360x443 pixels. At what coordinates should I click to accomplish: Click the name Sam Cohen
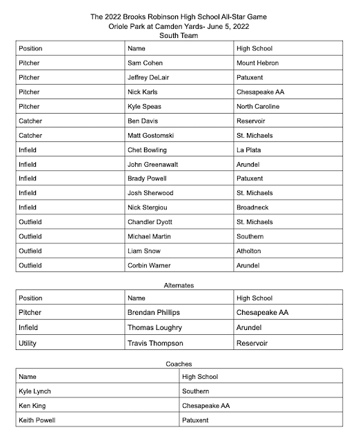[145, 63]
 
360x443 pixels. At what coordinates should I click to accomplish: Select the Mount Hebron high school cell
[258, 63]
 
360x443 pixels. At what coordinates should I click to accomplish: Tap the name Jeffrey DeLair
[148, 77]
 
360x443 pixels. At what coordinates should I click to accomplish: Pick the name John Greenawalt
[154, 164]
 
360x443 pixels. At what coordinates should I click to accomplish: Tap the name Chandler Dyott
[152, 222]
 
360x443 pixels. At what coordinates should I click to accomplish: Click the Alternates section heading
[179, 284]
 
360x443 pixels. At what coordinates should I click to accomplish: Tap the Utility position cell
[28, 342]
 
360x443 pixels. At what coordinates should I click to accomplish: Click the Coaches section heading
[179, 363]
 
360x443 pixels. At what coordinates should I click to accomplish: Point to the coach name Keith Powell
[38, 420]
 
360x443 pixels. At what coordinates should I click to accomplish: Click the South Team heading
[179, 35]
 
